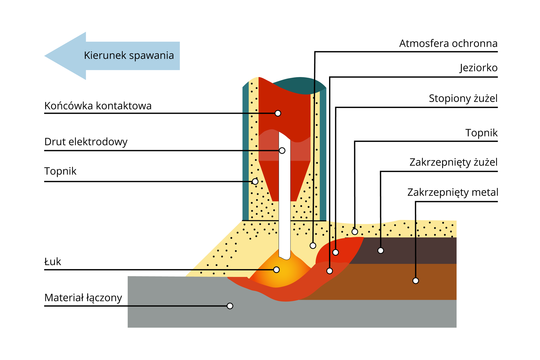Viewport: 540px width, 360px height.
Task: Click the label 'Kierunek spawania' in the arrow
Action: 129,55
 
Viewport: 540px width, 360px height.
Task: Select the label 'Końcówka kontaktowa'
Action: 98,106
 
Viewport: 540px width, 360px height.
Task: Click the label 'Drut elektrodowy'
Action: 86,141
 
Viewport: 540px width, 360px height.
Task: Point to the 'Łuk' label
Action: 53,262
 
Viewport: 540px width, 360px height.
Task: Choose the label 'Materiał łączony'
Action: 83,298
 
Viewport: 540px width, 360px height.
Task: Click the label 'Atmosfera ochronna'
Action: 448,44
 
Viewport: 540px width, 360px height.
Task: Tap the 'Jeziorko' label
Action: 479,68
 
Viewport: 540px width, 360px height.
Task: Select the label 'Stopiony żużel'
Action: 463,98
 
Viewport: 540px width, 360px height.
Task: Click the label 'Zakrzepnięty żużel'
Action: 453,162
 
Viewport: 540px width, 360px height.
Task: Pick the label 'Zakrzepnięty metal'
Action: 453,192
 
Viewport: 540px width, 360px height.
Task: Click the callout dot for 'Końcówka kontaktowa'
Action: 278,113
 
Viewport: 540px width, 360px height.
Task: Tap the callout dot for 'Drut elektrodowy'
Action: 282,150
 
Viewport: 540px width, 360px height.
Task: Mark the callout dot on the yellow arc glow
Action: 276,270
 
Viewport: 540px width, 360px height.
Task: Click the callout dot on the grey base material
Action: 230,306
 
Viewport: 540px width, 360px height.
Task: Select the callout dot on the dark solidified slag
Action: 381,250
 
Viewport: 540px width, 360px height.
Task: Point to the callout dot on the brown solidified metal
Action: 416,281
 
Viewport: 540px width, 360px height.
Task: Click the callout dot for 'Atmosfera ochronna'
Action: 313,246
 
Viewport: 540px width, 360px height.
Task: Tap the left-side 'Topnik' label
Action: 60,171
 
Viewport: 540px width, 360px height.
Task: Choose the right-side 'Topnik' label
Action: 481,133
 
